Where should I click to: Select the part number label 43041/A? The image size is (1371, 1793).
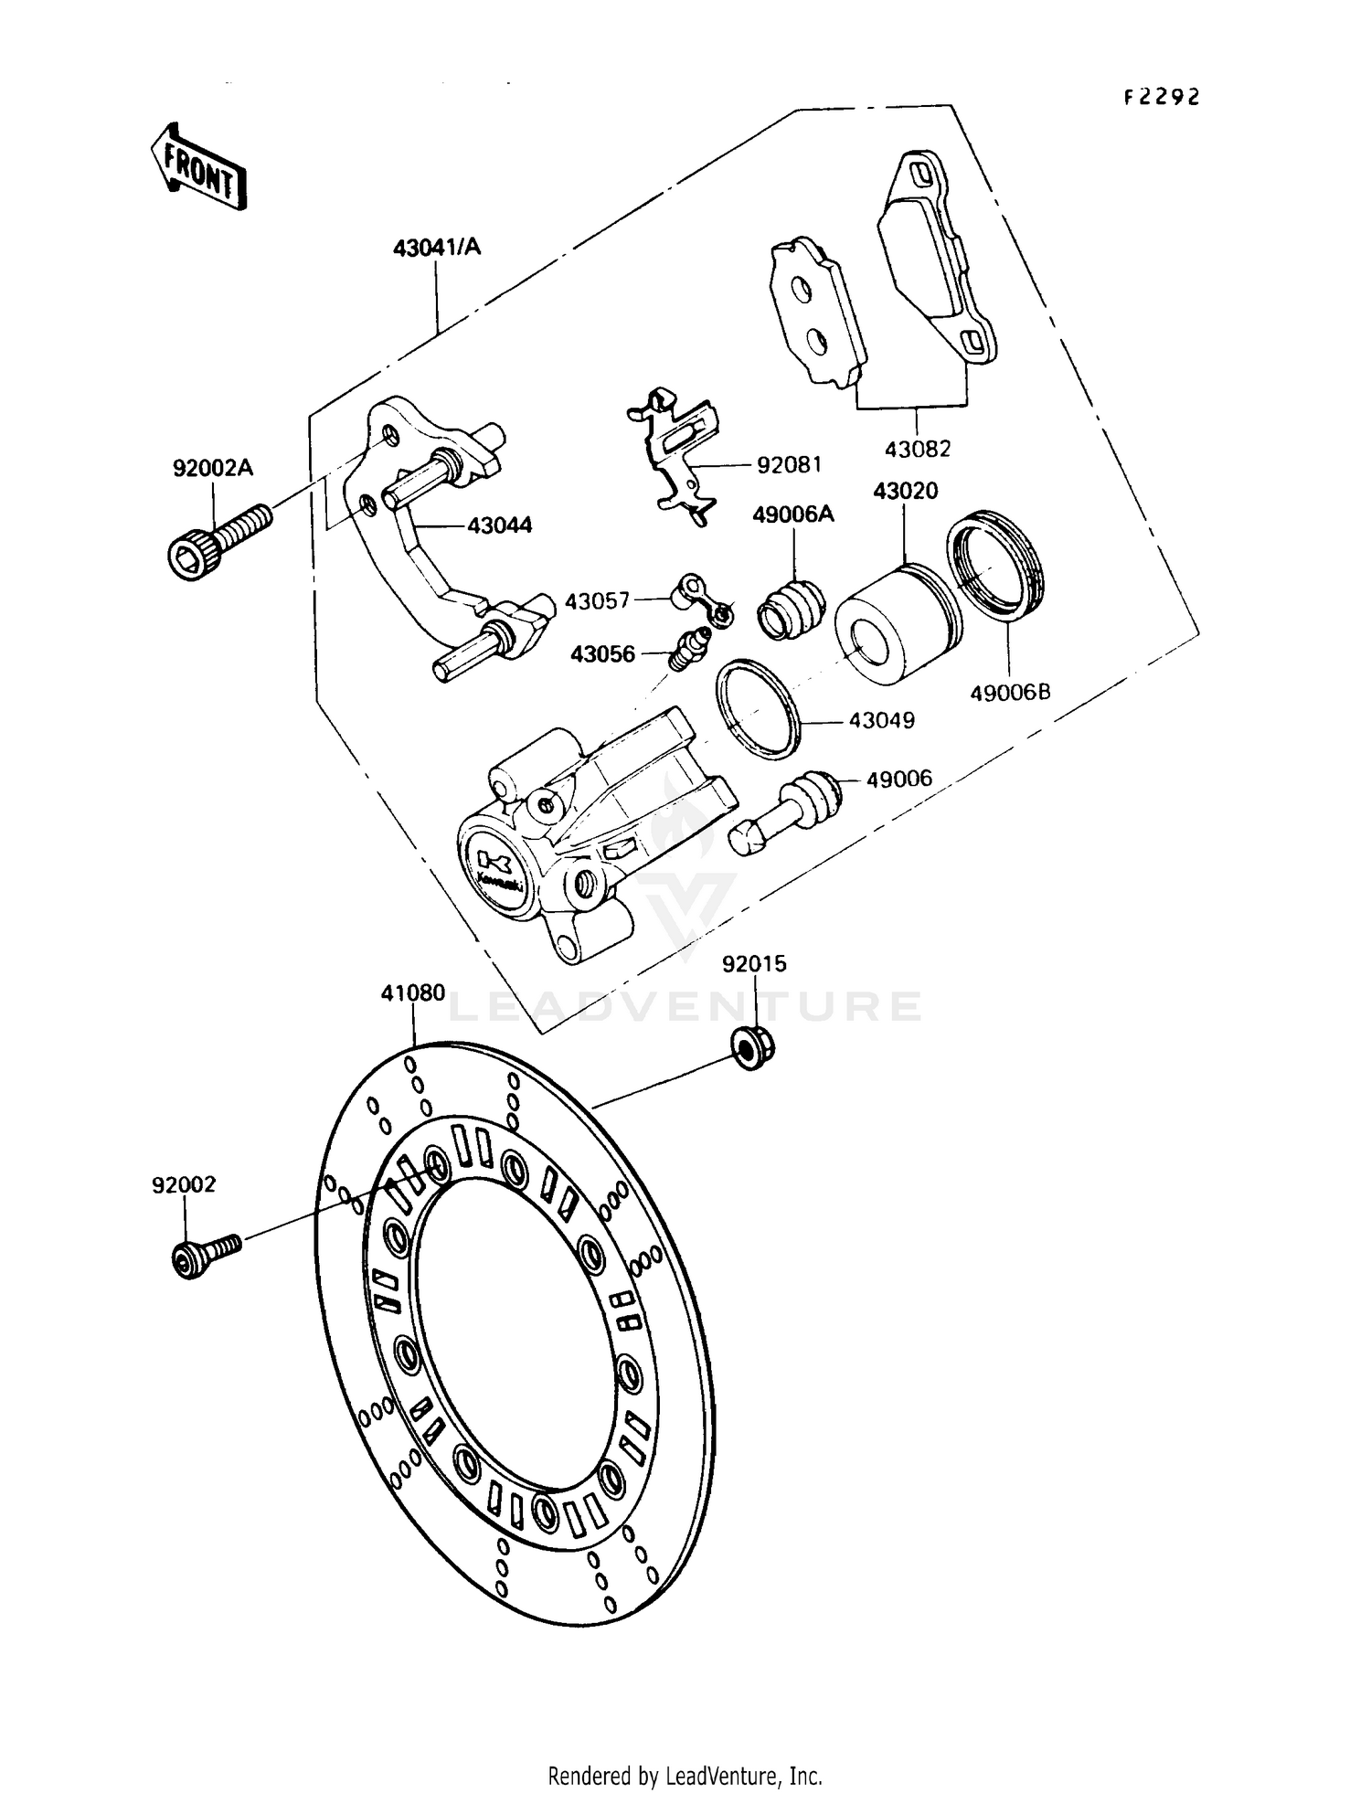[x=436, y=247]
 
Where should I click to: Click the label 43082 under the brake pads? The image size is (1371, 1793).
[x=917, y=449]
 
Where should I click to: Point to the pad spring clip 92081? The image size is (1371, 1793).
[x=677, y=453]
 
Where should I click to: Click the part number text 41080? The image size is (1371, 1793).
[x=413, y=992]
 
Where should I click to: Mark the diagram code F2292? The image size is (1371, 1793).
[x=1161, y=98]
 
